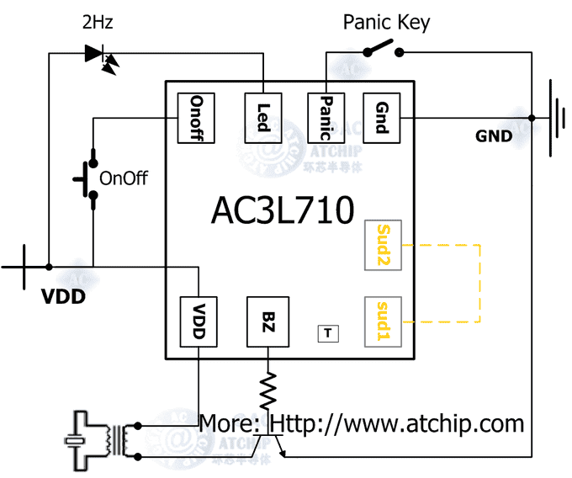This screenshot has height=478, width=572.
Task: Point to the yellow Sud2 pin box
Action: (384, 246)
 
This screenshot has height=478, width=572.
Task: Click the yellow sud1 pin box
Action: (384, 322)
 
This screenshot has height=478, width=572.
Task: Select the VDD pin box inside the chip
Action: (199, 322)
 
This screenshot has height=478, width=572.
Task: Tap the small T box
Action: (327, 333)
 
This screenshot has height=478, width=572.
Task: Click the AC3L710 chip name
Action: (282, 211)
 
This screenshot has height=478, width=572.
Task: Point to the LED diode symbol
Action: (99, 56)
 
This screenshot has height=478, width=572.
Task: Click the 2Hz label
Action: (98, 23)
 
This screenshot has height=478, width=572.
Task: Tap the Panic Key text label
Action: (386, 22)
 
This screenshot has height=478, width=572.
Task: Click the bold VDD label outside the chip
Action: (64, 296)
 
